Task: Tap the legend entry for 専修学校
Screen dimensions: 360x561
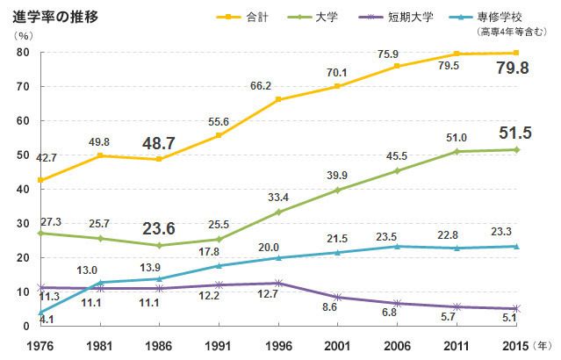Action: coord(499,16)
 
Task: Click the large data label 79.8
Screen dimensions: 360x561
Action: coord(514,68)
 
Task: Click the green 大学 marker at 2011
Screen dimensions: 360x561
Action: coord(457,151)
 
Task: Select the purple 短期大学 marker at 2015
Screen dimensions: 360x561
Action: coord(516,308)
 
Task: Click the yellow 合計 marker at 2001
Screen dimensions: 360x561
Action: coord(337,86)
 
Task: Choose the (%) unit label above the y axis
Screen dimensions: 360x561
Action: coord(25,35)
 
